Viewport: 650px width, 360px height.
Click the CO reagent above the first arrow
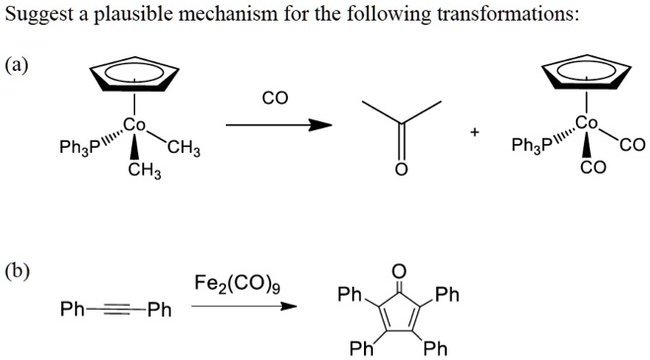(x=274, y=100)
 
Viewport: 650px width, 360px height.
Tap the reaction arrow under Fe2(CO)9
(x=244, y=307)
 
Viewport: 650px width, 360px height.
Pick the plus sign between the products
(x=475, y=131)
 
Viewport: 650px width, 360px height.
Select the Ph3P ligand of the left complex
(x=78, y=149)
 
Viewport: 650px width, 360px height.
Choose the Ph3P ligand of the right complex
(x=529, y=147)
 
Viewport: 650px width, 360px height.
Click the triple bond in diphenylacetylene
(x=115, y=310)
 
